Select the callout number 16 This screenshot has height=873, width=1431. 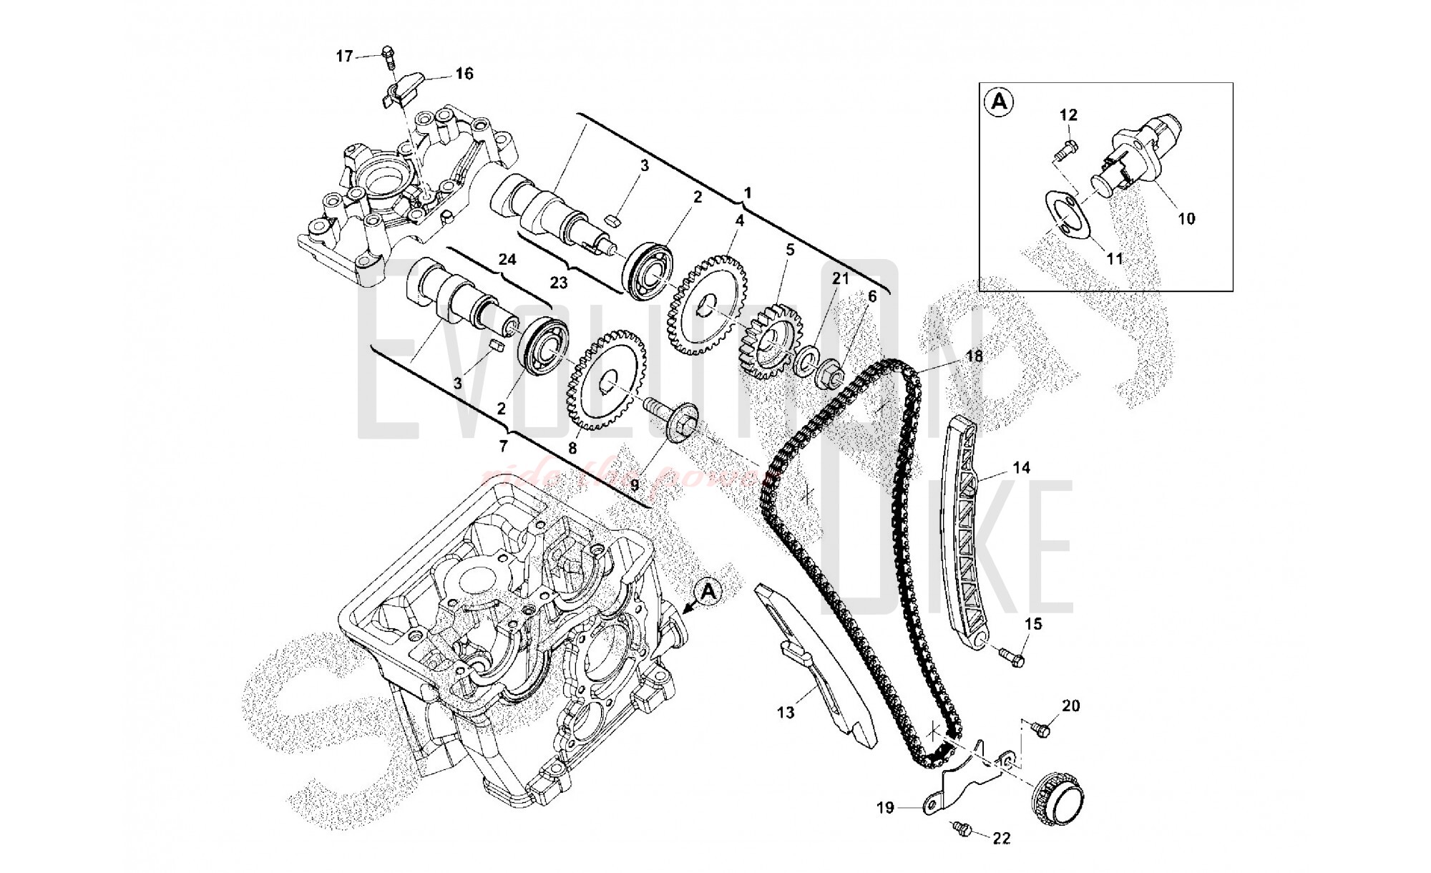pos(464,74)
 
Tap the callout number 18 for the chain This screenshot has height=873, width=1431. pos(974,356)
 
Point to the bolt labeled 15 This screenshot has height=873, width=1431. pos(1012,655)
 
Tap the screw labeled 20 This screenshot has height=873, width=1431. pos(1042,729)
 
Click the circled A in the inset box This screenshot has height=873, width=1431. pos(999,102)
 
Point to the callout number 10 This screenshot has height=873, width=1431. pos(1186,219)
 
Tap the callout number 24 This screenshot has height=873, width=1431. pos(507,259)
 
